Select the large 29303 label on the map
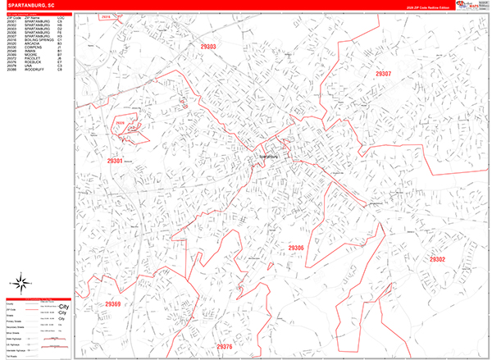(206, 48)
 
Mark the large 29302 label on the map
(437, 259)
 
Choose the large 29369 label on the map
(112, 305)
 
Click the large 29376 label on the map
(224, 347)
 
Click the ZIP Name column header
(33, 15)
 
